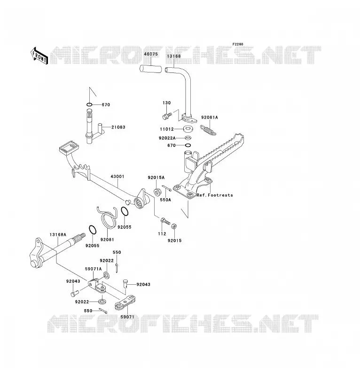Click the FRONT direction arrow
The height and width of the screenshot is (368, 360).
coord(39,56)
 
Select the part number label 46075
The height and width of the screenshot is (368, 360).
coord(151,54)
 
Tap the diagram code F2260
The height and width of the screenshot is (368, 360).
coord(238,44)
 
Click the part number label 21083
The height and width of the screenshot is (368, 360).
coord(118,127)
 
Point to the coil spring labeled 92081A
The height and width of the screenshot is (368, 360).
coord(208,130)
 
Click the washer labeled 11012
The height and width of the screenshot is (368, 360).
coord(188,129)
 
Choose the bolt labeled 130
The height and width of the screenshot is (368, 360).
coord(167,115)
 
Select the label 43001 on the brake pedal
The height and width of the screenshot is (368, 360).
coord(117,176)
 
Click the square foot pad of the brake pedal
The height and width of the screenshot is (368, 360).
coord(69,147)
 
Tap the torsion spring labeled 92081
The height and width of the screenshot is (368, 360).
coord(107,217)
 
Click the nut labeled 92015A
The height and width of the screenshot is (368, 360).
coord(157,192)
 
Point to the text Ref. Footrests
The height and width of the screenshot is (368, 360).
coord(215,195)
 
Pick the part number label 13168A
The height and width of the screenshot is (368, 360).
coord(58,235)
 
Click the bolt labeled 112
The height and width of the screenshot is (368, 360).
coord(165,221)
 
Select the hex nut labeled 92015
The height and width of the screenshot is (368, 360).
coord(174,226)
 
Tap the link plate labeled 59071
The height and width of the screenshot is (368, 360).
coord(125,303)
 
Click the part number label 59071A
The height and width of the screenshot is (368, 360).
coord(93,269)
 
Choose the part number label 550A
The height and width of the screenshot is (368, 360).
coord(165,200)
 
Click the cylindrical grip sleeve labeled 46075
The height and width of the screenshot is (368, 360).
coord(151,69)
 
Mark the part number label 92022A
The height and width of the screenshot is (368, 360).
coord(167,138)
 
